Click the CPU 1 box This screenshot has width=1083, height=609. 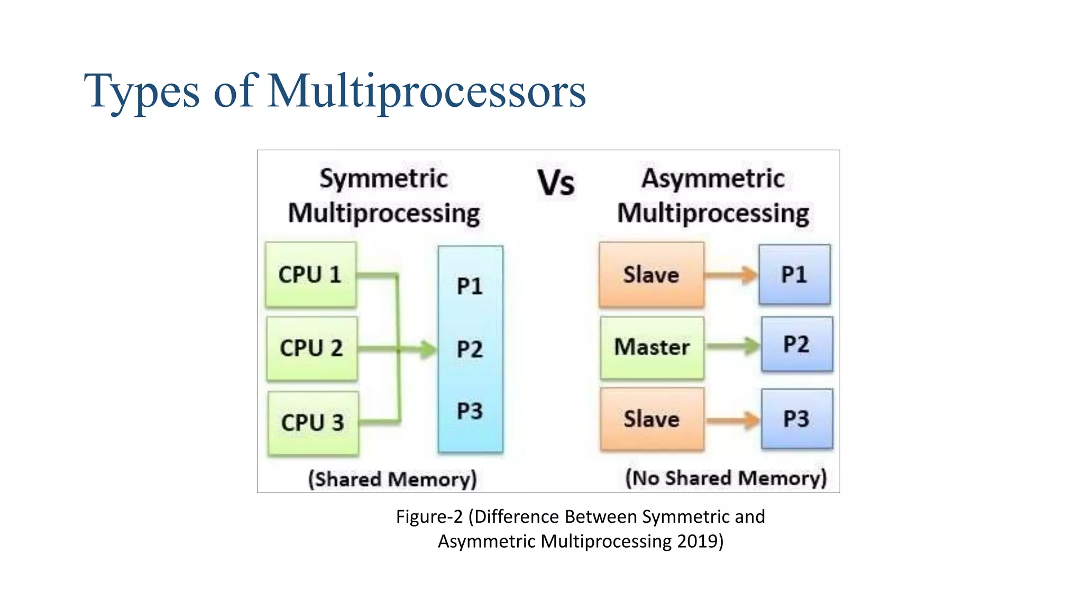coord(310,275)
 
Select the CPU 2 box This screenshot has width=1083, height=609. coord(311,348)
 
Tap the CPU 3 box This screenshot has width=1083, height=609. coord(313,423)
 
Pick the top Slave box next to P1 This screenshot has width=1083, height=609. coord(651,275)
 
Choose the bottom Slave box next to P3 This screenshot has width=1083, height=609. coord(651,419)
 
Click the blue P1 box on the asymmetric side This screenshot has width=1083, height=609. coord(794,274)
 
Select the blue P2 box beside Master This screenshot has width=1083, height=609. coord(796,344)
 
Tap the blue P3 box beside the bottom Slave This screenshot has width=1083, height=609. coord(796,419)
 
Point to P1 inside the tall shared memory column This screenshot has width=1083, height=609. coord(470,286)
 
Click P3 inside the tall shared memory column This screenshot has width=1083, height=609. coord(470,411)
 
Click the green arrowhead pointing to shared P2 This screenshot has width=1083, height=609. coord(427,349)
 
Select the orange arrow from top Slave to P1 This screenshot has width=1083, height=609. coord(731,275)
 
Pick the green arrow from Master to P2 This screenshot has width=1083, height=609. coord(733,346)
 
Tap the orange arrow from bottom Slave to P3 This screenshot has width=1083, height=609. coord(733,420)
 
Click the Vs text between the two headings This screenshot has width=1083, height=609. coord(556,183)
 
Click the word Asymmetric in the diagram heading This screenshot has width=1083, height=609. coord(713,178)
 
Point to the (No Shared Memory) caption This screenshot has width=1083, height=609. coord(726,478)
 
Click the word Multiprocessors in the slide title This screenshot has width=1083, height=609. coord(426,91)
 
